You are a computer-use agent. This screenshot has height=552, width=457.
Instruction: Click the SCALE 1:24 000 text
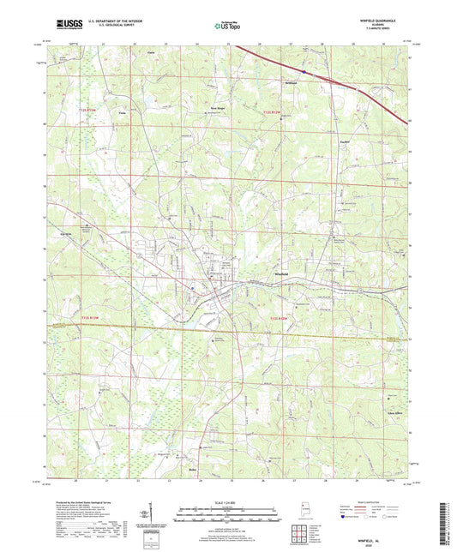(227, 501)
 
